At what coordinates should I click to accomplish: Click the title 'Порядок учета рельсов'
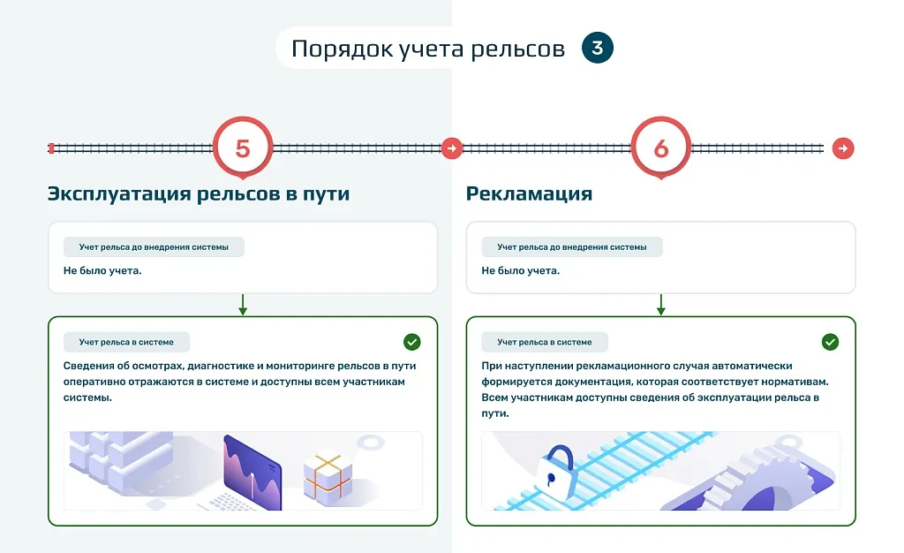(x=428, y=49)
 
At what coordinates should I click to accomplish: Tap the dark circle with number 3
(x=598, y=48)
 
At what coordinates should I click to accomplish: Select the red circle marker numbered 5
(x=243, y=148)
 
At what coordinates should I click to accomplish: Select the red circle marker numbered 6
(x=660, y=148)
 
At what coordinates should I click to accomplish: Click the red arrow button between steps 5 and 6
(x=452, y=148)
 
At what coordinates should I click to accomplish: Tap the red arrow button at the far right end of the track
(x=843, y=148)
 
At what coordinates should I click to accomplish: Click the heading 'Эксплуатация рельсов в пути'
(x=199, y=193)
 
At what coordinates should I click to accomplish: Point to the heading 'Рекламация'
(x=530, y=193)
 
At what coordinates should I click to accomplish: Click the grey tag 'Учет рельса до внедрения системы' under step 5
(x=154, y=246)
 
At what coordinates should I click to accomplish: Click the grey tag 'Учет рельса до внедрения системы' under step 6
(x=572, y=246)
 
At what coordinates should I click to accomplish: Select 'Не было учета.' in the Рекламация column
(x=521, y=270)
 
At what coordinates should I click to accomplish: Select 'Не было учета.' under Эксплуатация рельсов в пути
(x=102, y=270)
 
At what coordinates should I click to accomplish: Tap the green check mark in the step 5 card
(x=412, y=342)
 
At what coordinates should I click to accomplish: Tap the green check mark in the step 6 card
(x=830, y=342)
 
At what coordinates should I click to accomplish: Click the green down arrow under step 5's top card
(x=243, y=305)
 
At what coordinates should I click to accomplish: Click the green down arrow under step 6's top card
(x=660, y=305)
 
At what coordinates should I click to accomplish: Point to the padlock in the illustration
(x=555, y=471)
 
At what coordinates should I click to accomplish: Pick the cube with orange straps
(x=328, y=478)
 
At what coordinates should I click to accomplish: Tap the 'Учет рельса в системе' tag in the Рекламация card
(x=545, y=342)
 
